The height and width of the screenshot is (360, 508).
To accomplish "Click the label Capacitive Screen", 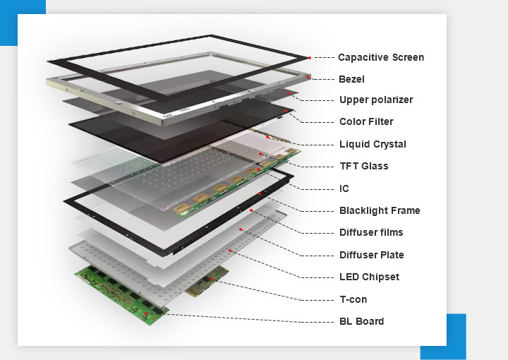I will [381, 57].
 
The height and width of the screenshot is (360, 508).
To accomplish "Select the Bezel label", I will [351, 79].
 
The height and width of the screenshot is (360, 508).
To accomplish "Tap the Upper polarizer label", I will [376, 100].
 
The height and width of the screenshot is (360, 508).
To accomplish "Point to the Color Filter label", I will [366, 122].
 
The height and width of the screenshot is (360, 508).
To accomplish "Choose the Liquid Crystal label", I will [373, 144].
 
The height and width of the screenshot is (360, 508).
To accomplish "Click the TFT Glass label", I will [363, 167].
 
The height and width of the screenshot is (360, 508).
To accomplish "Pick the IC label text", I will [344, 188].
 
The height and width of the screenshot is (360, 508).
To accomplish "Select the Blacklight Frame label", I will [380, 210].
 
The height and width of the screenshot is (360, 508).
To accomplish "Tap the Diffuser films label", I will [371, 232].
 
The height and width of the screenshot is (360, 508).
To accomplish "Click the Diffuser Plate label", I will [372, 255].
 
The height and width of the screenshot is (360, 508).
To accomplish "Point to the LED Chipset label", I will [369, 277].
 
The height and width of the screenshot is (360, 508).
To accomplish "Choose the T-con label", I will [353, 299].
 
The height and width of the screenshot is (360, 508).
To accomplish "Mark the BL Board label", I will [362, 321].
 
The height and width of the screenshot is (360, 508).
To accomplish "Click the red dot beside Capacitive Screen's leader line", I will [309, 57].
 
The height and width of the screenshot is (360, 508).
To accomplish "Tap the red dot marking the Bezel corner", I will [308, 75].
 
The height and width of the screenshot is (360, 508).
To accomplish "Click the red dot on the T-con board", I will [209, 281].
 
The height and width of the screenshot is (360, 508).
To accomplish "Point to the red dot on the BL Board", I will [145, 313].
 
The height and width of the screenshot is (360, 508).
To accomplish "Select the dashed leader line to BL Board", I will [240, 318].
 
